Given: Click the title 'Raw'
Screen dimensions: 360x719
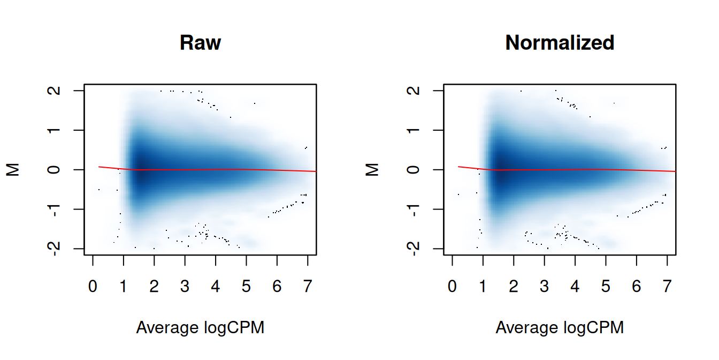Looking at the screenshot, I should pos(200,43).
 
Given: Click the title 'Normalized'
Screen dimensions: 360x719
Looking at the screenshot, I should pos(560,43).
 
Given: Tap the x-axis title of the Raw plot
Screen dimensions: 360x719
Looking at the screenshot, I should pos(200,327).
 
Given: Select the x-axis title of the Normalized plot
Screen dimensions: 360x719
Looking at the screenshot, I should pos(560,327).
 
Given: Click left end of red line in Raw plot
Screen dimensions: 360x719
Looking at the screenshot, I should pos(99,167).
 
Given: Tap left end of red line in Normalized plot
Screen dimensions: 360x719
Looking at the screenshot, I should pos(458,167).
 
